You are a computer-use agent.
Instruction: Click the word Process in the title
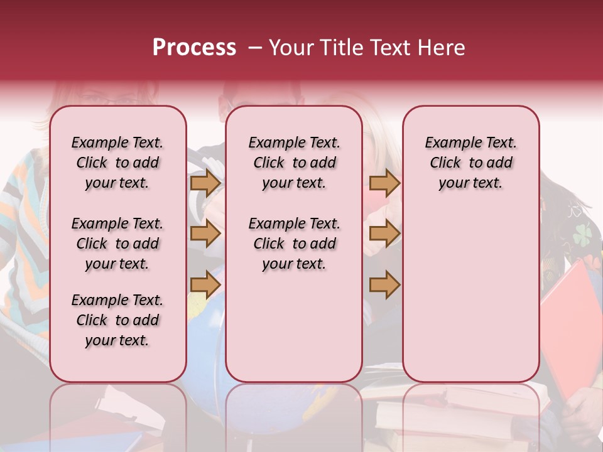(194, 48)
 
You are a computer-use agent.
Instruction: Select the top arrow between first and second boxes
(205, 183)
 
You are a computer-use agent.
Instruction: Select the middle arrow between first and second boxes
(205, 234)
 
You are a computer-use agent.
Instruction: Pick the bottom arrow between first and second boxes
(205, 285)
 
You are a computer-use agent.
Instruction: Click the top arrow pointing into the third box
(384, 183)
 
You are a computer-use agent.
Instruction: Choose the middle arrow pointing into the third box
(384, 234)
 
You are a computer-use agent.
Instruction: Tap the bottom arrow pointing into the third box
(384, 285)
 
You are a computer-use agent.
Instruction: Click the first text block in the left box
(117, 163)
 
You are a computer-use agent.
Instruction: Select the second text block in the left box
(117, 244)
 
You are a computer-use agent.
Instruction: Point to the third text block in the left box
(117, 320)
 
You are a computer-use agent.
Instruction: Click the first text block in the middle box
(294, 163)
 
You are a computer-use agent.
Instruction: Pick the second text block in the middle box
(294, 244)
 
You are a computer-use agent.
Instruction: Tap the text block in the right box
(470, 163)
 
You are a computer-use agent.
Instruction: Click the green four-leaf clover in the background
(582, 234)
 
